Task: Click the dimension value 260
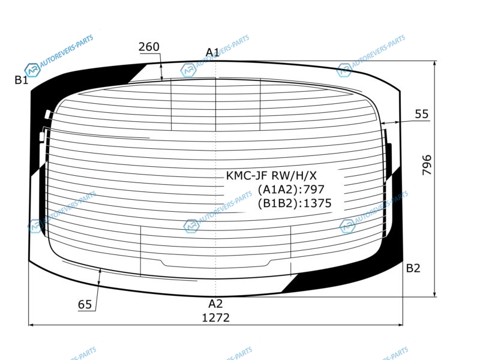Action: pos(149,47)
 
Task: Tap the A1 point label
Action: pos(212,52)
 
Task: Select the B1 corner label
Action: pos(22,80)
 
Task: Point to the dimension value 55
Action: pos(422,114)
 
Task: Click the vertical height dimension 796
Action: pos(427,165)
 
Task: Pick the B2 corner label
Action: pos(413,268)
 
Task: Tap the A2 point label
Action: pos(215,304)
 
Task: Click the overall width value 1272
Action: pos(216,318)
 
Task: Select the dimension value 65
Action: pos(85,305)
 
